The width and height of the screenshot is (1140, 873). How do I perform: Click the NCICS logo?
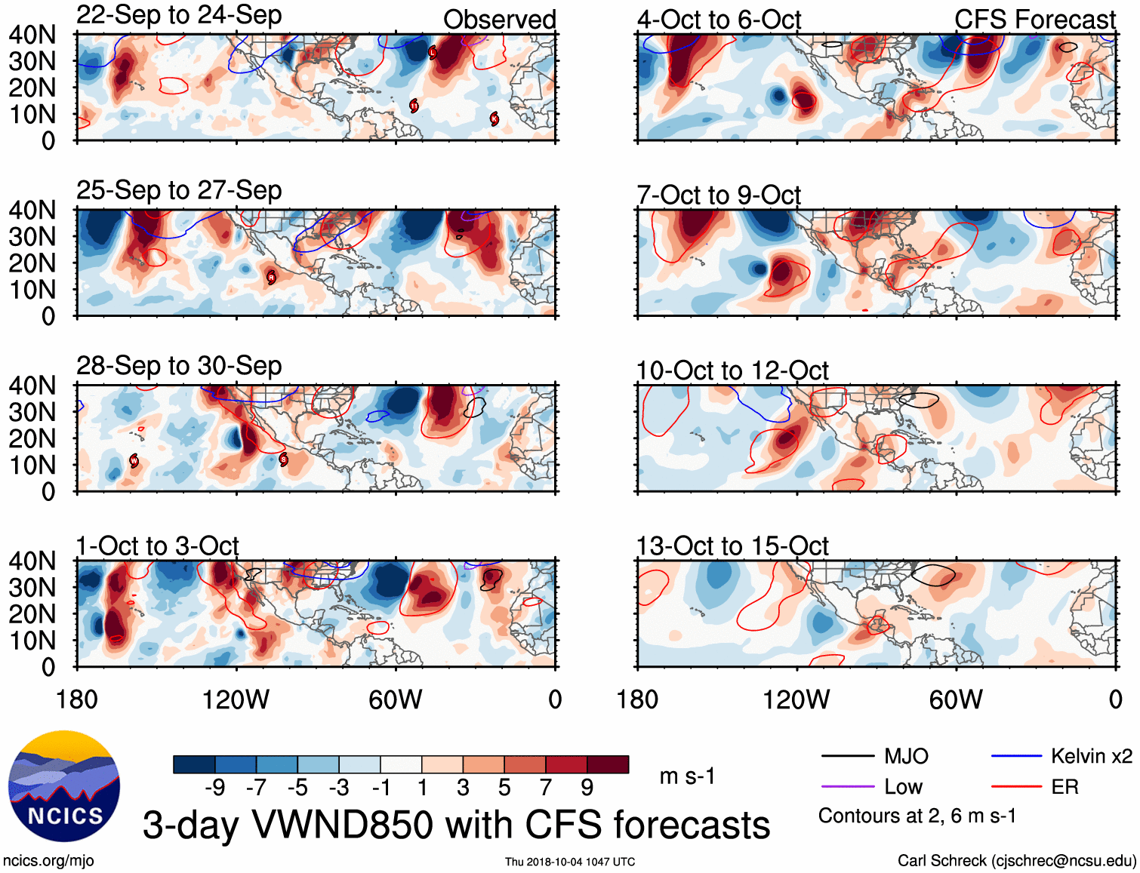coord(64,786)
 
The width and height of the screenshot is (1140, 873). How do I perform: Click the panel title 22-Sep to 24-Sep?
coord(179,15)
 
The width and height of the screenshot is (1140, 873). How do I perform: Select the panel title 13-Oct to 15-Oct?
coord(732,546)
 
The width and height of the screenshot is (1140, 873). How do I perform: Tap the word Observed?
coord(499,20)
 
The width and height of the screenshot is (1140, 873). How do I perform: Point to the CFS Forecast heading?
coord(1034,20)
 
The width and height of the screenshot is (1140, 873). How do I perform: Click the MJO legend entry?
coord(906,756)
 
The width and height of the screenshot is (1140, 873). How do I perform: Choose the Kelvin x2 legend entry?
coord(1091,756)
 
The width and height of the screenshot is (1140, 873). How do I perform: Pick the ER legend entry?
coord(1065,787)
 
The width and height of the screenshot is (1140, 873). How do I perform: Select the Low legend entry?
coord(903,787)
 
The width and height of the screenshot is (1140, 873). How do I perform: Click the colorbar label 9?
coord(587,788)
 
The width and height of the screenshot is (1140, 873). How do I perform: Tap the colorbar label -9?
coord(214,788)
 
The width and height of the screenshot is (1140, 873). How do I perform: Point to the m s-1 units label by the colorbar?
coord(687,776)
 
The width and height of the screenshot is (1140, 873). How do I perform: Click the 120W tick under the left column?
coord(236,699)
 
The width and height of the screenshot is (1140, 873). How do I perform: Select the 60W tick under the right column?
coord(956,699)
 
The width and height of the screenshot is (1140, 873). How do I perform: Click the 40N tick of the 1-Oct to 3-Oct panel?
coord(32,561)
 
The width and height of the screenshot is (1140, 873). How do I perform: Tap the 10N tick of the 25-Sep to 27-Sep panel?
coord(32,290)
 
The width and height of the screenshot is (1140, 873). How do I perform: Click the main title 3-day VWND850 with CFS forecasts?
coord(456,825)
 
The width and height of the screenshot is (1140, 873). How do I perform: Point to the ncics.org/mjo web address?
coord(48,861)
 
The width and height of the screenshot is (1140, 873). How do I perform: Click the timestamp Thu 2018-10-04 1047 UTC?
coord(570,862)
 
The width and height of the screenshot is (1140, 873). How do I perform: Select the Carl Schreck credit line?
coord(1016,861)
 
